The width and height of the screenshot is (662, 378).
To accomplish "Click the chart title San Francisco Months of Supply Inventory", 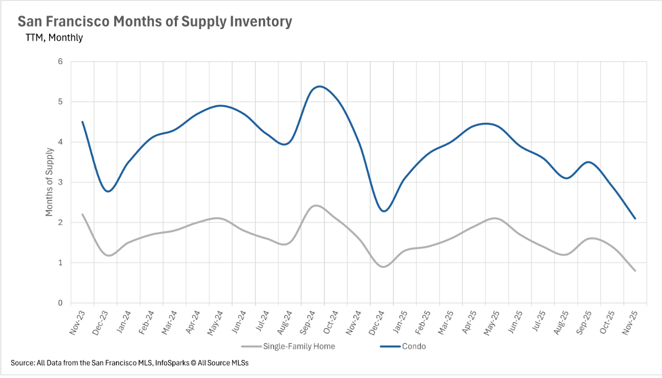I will tap(154, 22).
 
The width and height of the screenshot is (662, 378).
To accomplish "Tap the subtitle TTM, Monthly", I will tap(54, 38).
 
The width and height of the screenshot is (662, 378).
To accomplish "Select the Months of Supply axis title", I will tap(49, 182).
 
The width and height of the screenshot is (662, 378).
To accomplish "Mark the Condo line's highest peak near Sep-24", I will tap(320, 87).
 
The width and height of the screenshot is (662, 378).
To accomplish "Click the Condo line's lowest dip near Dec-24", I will tap(385, 211).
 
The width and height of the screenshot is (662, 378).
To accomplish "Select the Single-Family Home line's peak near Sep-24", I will tap(316, 206).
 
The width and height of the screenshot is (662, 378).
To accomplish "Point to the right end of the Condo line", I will tap(635, 219).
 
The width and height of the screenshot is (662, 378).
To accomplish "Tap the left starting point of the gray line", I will tap(82, 214).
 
